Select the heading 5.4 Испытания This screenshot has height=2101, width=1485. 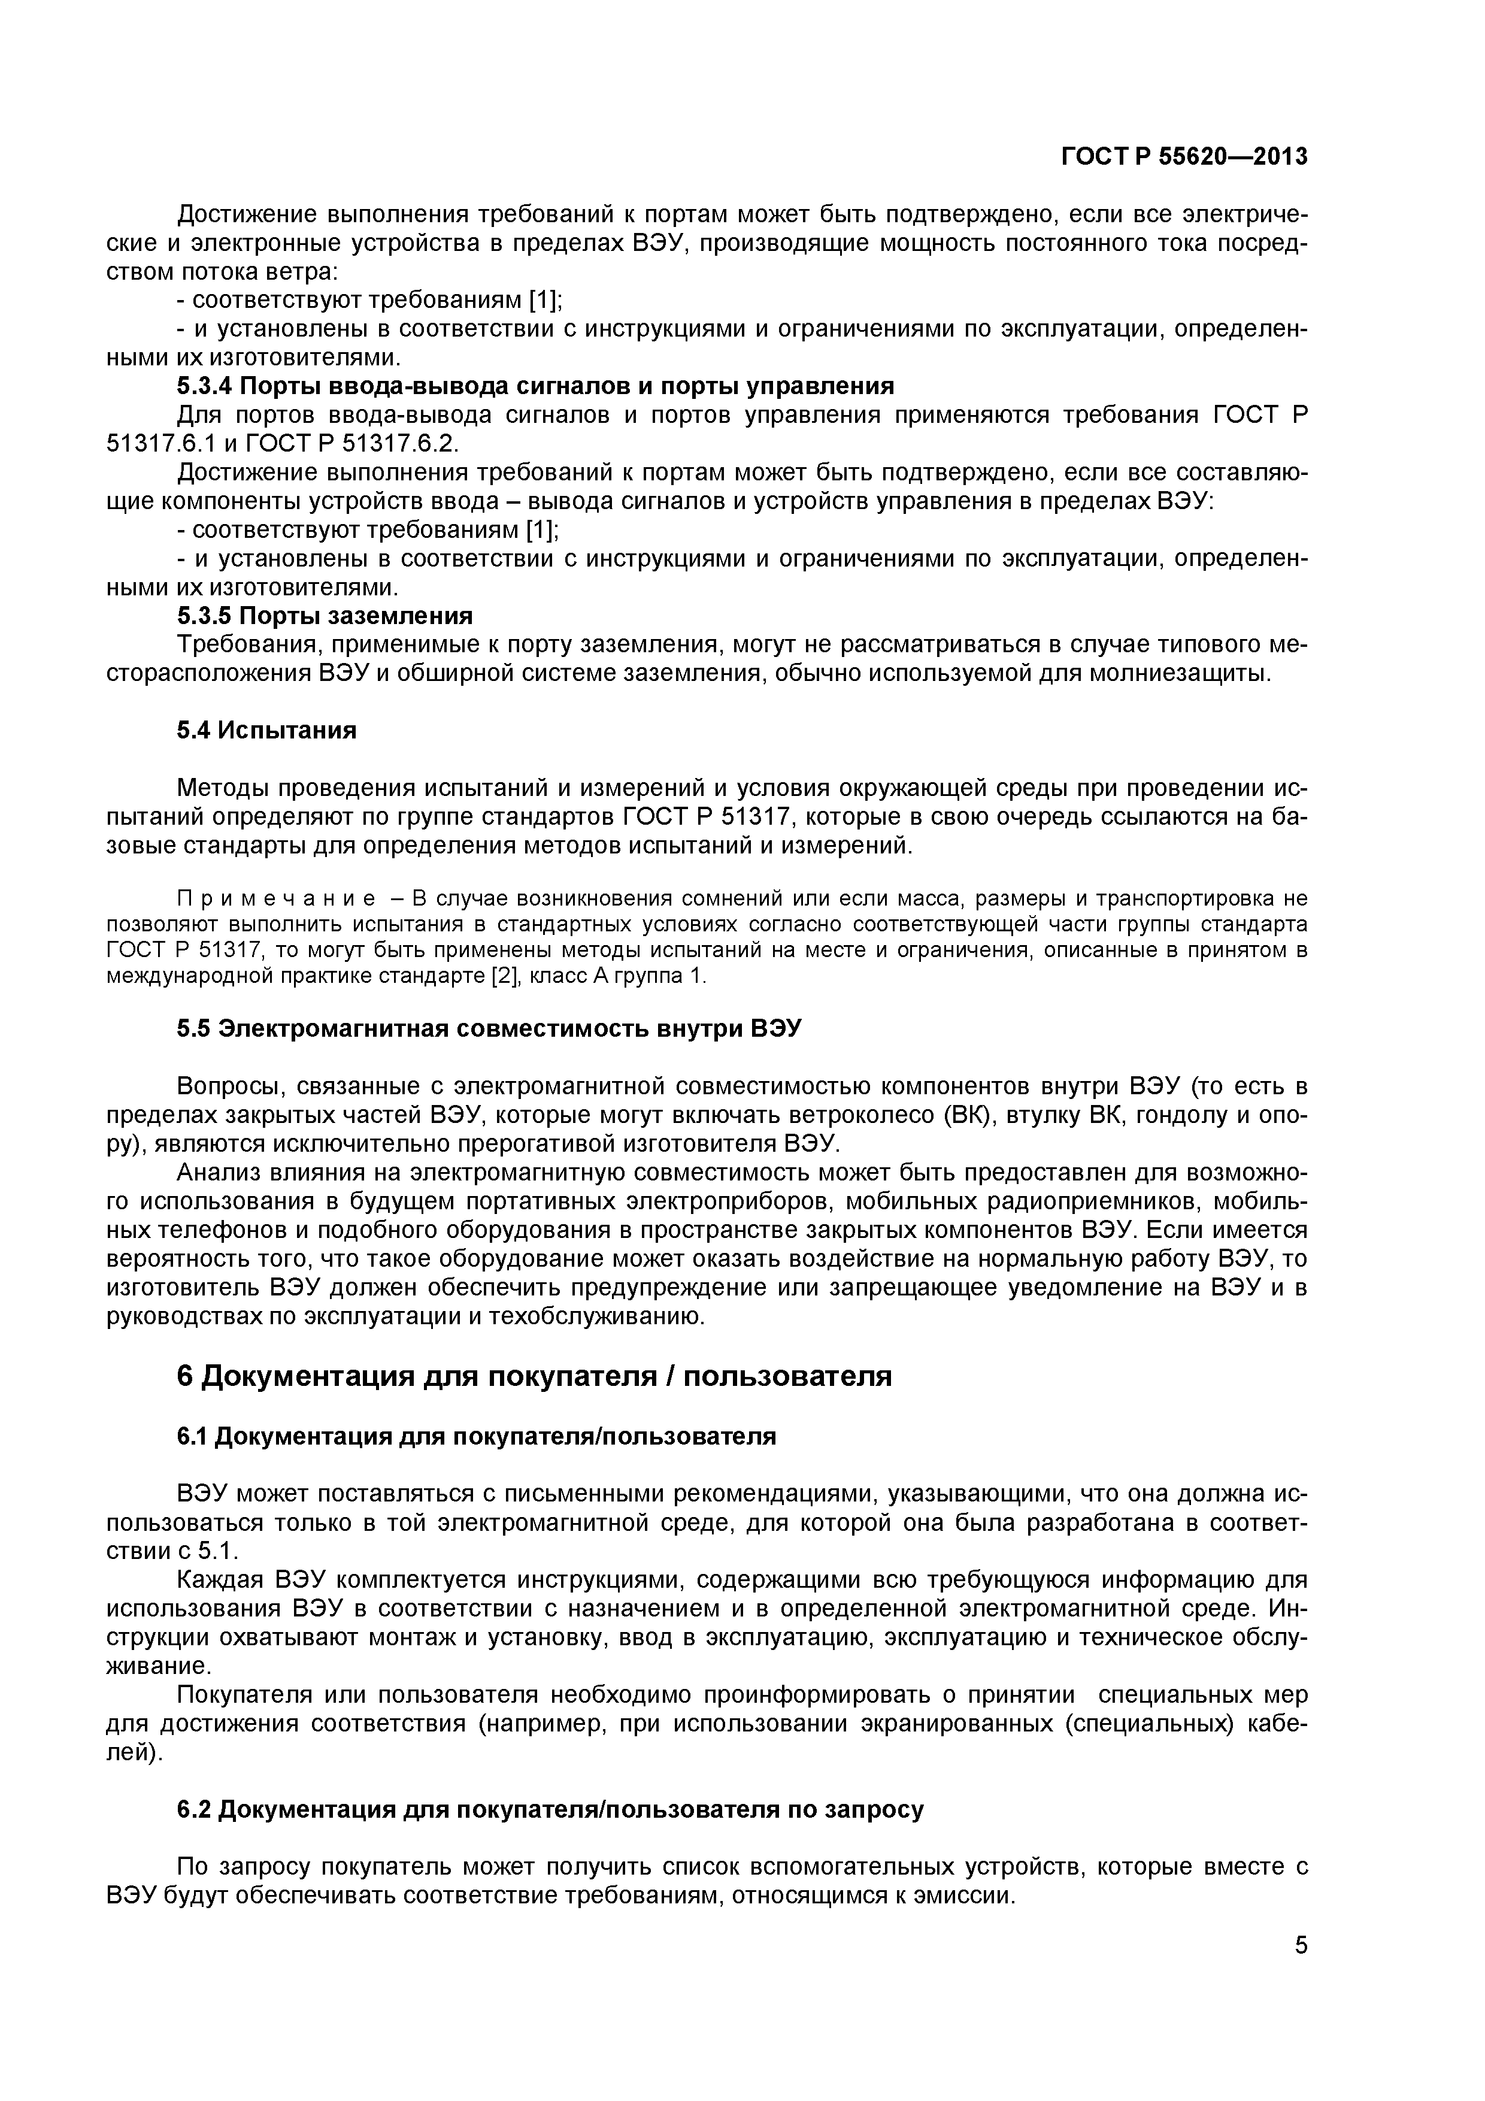tap(266, 730)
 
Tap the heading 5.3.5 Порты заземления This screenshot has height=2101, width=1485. tap(325, 615)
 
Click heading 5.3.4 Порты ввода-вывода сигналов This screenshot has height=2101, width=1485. tap(535, 385)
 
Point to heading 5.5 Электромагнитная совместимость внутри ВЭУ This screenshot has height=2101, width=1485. tap(489, 1028)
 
